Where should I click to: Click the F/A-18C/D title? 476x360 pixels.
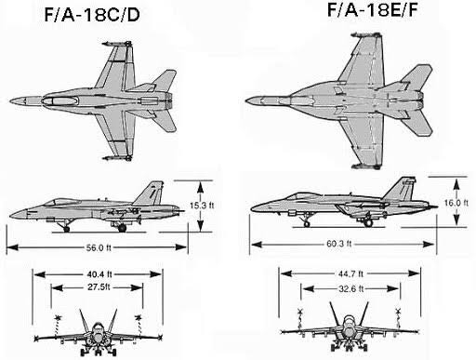tap(92, 15)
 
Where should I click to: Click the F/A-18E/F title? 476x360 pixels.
tap(372, 9)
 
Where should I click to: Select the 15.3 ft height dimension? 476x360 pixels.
tap(202, 206)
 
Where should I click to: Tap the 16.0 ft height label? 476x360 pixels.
tap(456, 203)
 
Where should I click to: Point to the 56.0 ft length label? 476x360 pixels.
tap(99, 247)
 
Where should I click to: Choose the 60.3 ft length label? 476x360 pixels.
tap(339, 244)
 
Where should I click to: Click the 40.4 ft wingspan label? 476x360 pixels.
tap(99, 274)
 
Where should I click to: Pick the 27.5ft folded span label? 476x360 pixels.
tap(99, 287)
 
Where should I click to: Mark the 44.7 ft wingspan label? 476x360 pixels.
tap(350, 273)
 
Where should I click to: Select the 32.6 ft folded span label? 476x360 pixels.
tap(350, 288)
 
